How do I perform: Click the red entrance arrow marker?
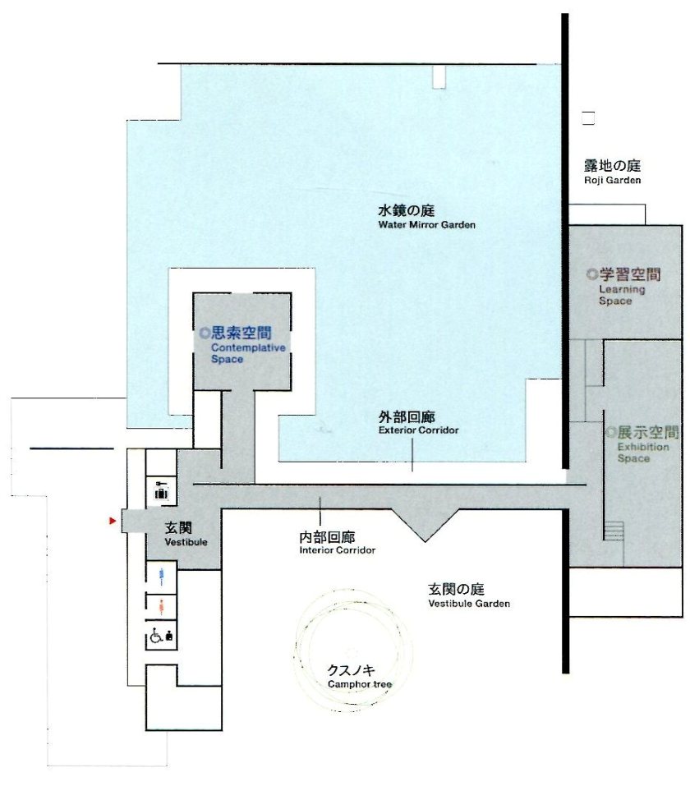click(x=112, y=521)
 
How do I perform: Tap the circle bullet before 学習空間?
click(x=591, y=274)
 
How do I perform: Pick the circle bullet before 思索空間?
click(x=205, y=333)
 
